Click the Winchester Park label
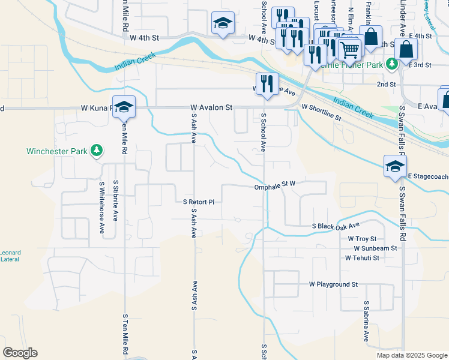(57, 151)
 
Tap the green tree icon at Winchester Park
(97, 151)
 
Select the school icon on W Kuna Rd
(124, 106)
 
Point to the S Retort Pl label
(199, 202)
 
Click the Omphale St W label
(276, 187)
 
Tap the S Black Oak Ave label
(336, 226)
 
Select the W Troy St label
(362, 238)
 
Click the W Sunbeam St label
(375, 248)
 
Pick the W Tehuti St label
(362, 258)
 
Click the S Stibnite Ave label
(116, 201)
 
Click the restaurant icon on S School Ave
(266, 83)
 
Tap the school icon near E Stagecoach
(395, 166)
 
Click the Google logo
(20, 353)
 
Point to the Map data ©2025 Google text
(411, 355)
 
